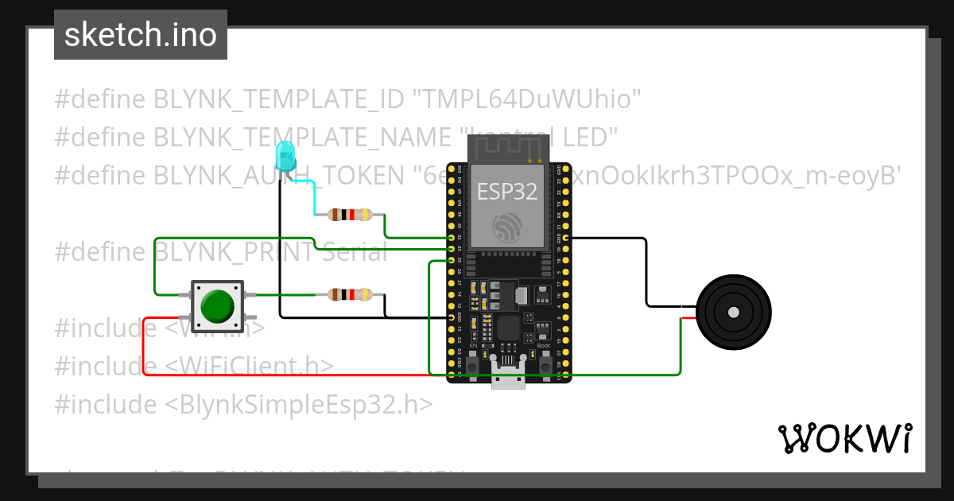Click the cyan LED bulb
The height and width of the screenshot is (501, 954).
point(285,157)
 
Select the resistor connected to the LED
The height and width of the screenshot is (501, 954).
point(349,214)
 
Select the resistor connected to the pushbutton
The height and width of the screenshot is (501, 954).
point(349,294)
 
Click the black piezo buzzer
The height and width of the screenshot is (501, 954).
point(733,312)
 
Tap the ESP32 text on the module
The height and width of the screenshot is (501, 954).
point(506,191)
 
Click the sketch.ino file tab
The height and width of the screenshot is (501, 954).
point(141,35)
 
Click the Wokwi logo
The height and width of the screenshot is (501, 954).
point(844,438)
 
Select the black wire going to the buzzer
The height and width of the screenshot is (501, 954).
point(646,270)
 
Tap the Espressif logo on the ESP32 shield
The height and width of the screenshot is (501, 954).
point(506,227)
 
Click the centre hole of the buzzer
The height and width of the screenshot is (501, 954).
point(733,312)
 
